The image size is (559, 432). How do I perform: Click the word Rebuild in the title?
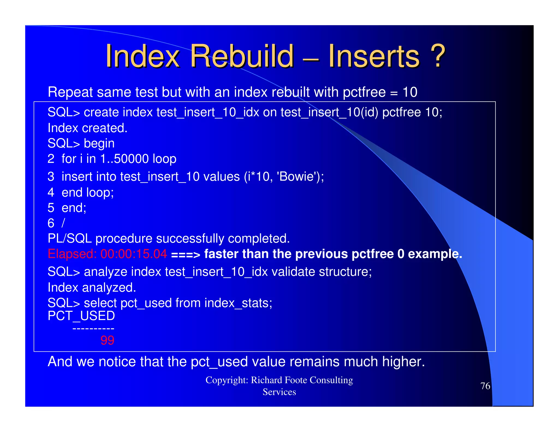(x=242, y=56)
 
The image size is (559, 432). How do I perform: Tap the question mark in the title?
(x=437, y=56)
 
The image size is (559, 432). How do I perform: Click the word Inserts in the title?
(x=374, y=56)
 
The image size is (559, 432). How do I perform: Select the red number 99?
(x=107, y=340)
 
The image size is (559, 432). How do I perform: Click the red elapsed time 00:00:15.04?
(x=133, y=254)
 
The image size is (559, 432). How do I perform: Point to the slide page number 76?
(x=485, y=386)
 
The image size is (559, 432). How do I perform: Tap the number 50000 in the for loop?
(x=131, y=159)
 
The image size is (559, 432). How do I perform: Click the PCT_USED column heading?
(x=81, y=316)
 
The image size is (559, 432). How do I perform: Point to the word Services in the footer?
(x=279, y=392)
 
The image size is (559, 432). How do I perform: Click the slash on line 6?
(x=63, y=223)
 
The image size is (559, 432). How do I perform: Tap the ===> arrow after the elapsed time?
(x=185, y=255)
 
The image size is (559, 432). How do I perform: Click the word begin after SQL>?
(x=99, y=144)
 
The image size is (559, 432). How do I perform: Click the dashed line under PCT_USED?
(x=93, y=329)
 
